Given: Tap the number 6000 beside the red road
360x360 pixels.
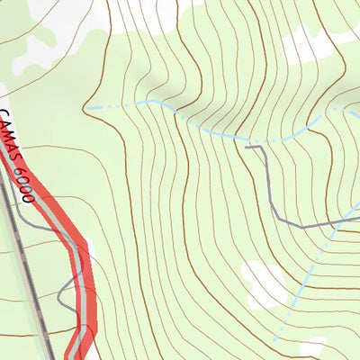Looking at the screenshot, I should (x=26, y=180).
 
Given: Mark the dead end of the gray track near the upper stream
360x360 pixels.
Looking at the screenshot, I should (x=247, y=146).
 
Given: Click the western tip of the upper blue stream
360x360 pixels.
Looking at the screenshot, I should (x=88, y=108).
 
